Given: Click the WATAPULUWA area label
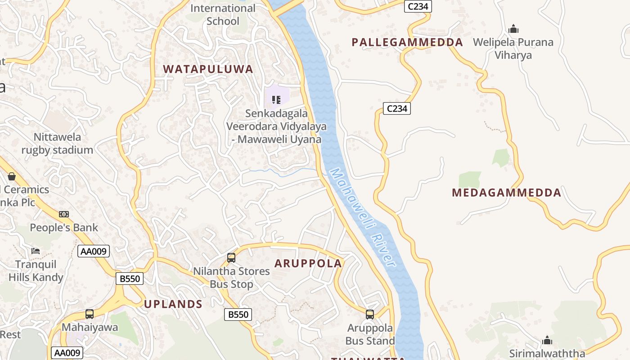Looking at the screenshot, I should tap(208, 69).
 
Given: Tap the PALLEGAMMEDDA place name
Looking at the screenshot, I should tap(407, 42).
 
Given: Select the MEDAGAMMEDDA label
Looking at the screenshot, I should tap(507, 193).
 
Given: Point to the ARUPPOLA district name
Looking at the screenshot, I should tap(308, 263).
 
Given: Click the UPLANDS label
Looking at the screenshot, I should tap(173, 304).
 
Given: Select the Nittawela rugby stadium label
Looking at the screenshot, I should tap(57, 144).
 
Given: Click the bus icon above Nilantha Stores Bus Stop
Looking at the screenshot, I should tap(231, 258).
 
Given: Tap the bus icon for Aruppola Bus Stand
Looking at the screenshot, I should tap(370, 315).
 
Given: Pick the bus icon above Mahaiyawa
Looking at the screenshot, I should tap(90, 314).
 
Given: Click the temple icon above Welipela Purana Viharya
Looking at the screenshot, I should tap(513, 29).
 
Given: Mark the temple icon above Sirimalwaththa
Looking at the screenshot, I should tap(547, 340).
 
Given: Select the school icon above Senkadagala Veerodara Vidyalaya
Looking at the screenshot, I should tap(276, 99).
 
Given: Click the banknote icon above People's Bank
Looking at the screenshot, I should tap(64, 214).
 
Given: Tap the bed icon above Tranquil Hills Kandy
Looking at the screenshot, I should tap(36, 251).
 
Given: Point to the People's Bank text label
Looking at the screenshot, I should tap(64, 227).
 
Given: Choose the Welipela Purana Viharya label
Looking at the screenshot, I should tap(513, 49).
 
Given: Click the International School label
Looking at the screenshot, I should tap(223, 14).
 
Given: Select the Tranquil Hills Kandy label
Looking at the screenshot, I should tap(36, 270).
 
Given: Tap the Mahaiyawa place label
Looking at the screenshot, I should tap(90, 327).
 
